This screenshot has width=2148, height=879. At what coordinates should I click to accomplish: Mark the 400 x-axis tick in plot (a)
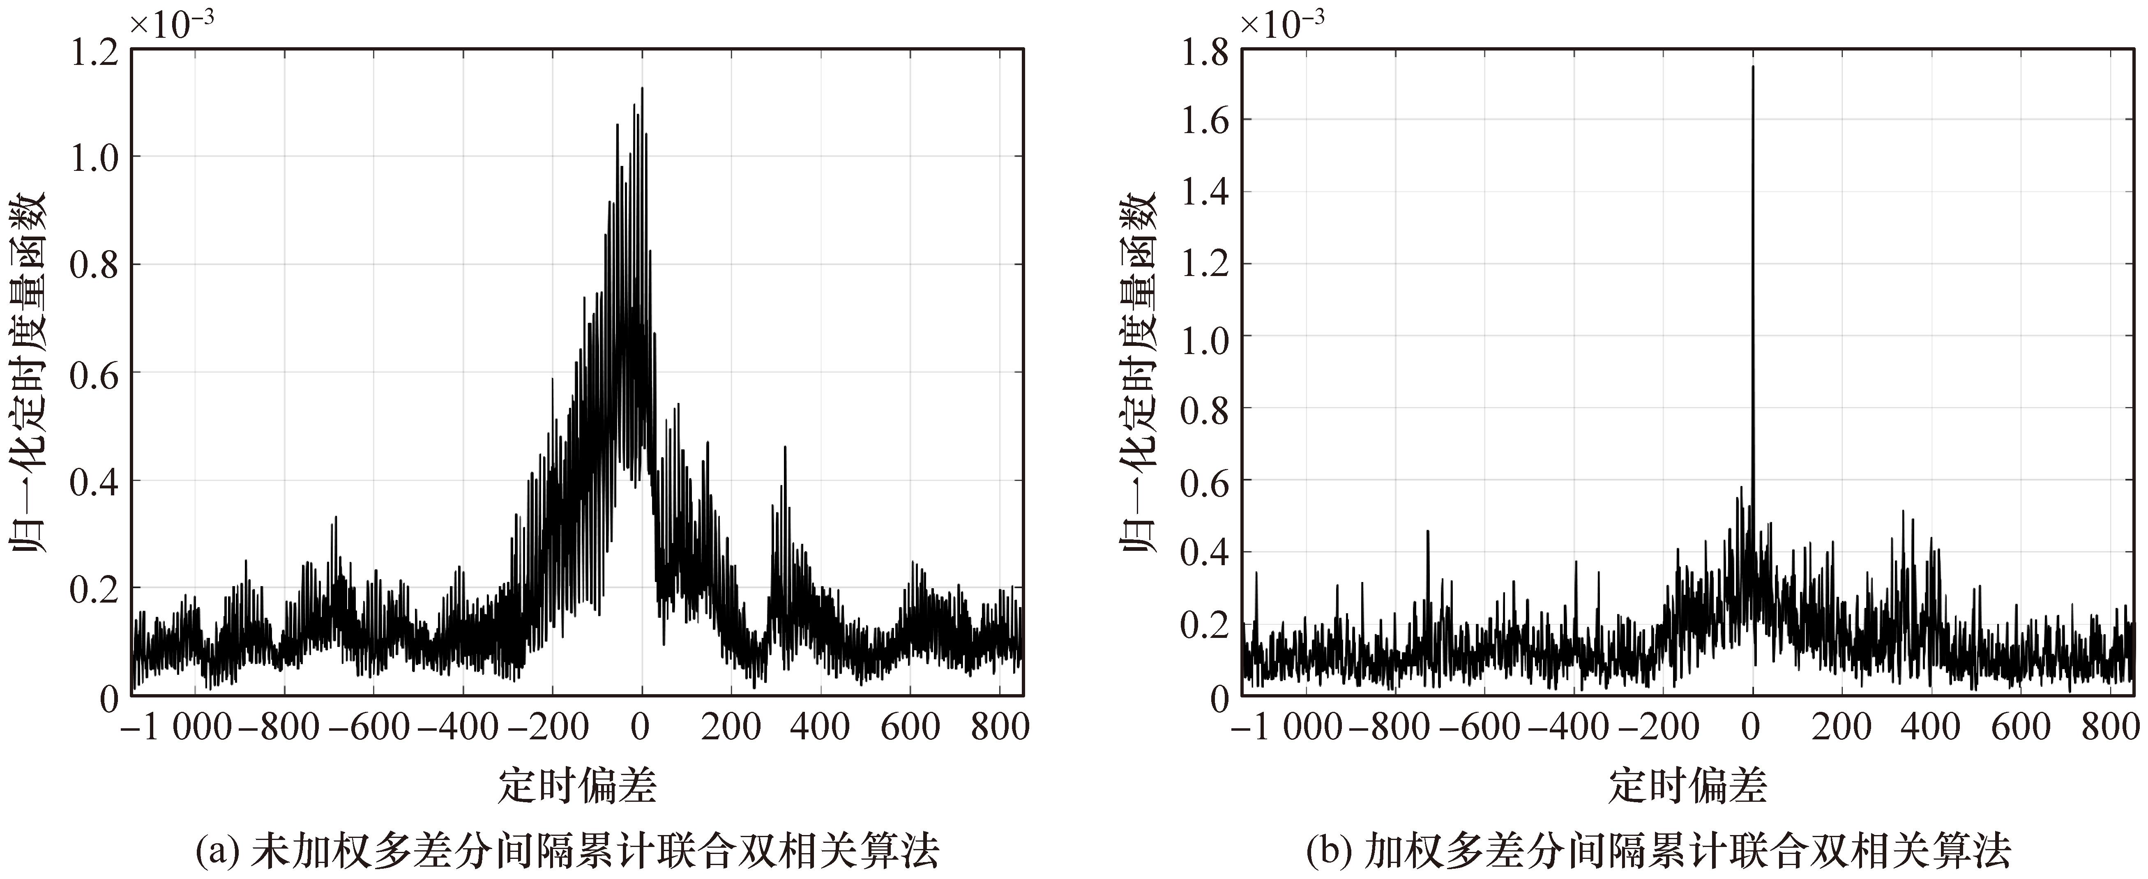coord(820,727)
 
